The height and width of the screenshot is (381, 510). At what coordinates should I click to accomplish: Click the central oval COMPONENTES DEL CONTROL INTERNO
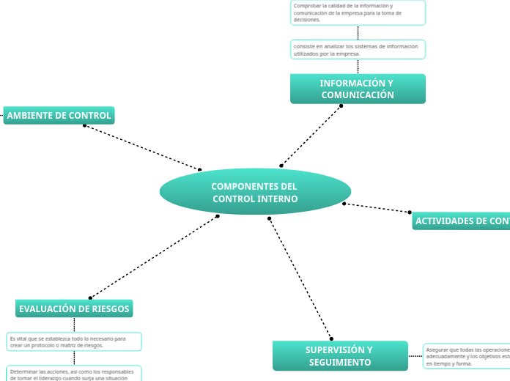(x=255, y=192)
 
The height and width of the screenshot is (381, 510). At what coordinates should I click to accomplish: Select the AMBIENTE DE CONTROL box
(x=59, y=115)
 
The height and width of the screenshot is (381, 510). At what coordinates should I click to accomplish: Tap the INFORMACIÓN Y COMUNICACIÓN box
(x=358, y=89)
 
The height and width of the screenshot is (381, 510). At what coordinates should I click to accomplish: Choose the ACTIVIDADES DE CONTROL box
(x=462, y=221)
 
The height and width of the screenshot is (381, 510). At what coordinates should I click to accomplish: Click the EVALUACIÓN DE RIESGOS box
(x=74, y=308)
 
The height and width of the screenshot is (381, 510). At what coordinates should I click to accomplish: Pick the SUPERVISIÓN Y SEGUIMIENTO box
(x=340, y=355)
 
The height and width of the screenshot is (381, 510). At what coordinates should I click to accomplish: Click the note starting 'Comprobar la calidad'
(x=358, y=12)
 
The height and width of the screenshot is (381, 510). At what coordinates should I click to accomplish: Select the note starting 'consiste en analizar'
(x=358, y=49)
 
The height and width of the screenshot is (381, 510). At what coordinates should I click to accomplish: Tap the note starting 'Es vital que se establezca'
(x=74, y=341)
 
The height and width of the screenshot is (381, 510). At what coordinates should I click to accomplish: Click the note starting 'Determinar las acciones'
(x=74, y=374)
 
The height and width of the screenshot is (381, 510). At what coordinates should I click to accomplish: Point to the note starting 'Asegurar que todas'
(x=467, y=356)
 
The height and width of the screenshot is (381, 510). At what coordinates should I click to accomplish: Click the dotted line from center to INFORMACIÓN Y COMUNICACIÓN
(x=311, y=136)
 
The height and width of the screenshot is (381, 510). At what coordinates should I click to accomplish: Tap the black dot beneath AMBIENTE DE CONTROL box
(x=85, y=125)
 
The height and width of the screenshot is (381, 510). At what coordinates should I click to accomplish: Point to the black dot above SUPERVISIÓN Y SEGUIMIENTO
(x=331, y=339)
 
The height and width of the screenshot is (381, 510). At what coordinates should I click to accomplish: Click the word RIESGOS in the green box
(x=110, y=309)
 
